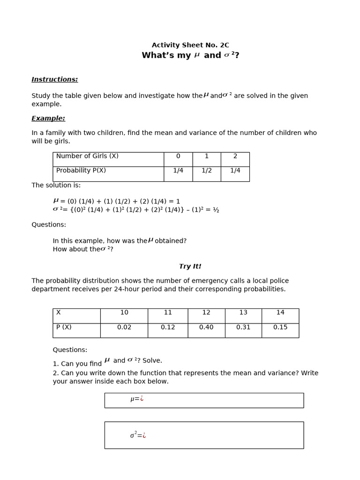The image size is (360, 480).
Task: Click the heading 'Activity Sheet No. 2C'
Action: [190, 45]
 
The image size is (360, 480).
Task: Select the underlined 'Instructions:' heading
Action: [54, 80]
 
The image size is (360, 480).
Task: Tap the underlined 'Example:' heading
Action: [48, 119]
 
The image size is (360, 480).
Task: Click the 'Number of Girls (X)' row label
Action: [87, 157]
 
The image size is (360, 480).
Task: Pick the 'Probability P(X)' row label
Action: [81, 171]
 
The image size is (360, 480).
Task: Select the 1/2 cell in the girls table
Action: [206, 171]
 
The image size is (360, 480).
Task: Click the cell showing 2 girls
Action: [235, 157]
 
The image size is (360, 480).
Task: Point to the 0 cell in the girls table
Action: [178, 157]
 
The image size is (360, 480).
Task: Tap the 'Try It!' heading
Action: [190, 267]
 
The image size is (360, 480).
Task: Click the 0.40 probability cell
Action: [206, 328]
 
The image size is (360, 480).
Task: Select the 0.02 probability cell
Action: [124, 328]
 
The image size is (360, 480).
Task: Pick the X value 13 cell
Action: [243, 313]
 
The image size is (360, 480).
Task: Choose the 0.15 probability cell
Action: [280, 328]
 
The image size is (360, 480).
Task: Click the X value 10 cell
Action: [124, 313]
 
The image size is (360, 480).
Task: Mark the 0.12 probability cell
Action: [168, 328]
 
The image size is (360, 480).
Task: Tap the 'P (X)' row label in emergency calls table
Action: [64, 328]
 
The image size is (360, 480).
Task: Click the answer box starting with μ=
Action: [204, 400]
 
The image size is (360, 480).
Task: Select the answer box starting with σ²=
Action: [204, 435]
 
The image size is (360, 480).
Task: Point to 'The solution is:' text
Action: [56, 186]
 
